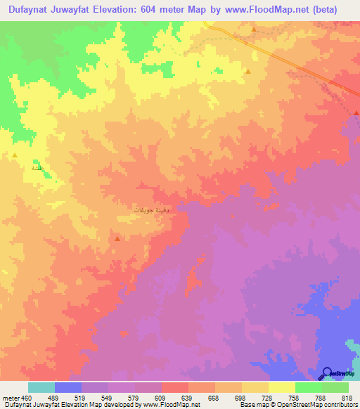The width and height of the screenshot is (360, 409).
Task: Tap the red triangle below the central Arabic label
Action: click(117, 239)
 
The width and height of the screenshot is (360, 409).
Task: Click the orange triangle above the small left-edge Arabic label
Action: click(15, 155)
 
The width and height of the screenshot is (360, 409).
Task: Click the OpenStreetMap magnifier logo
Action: click(327, 373)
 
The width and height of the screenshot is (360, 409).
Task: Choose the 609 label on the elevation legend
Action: click(161, 398)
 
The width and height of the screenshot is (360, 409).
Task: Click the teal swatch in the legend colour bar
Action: click(41, 387)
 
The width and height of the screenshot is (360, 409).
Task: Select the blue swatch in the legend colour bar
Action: click(67, 387)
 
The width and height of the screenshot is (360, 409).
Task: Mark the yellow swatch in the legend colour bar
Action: click(281, 387)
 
